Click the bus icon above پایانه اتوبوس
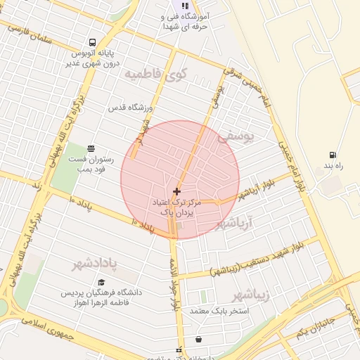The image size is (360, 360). coord(93,41)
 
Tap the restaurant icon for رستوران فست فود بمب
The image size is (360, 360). coord(91,148)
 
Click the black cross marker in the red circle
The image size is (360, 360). coord(176,191)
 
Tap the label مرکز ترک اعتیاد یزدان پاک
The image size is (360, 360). coord(176,207)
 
